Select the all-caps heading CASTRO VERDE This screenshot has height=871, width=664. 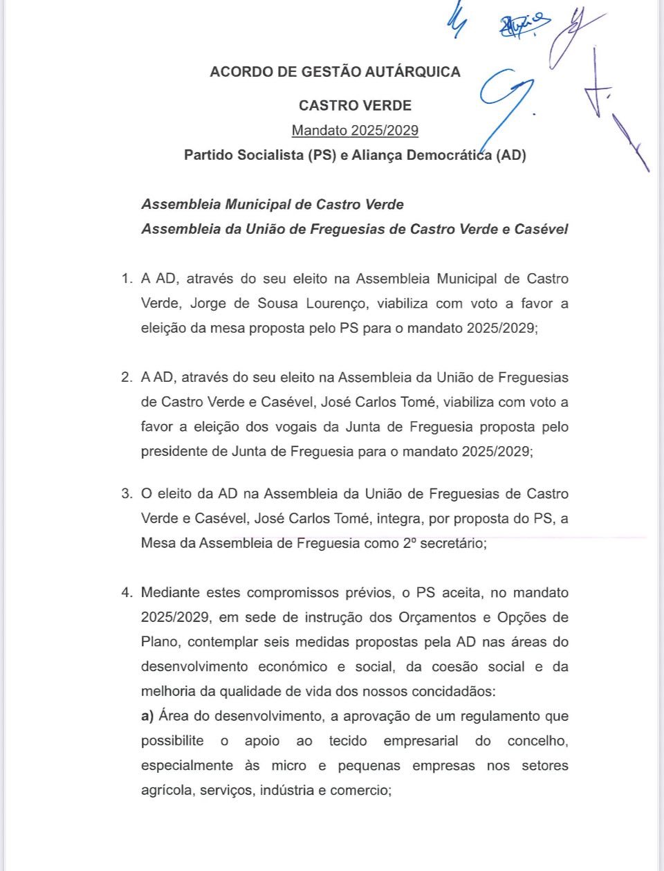pos(355,106)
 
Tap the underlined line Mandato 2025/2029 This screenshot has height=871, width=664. pos(355,130)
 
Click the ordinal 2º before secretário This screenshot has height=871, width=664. pos(409,543)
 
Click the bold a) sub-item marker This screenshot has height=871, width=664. pos(147,716)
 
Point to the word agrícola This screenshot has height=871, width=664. pos(166,790)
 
